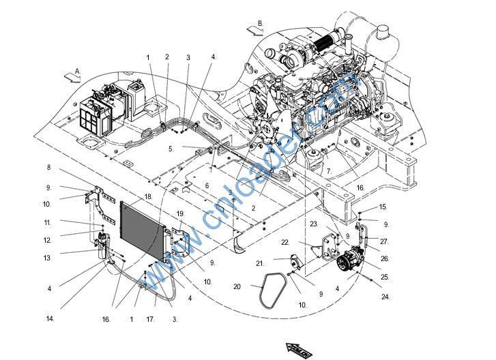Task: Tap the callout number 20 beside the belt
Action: pyautogui.click(x=237, y=287)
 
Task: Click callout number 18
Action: pyautogui.click(x=147, y=196)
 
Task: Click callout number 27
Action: pyautogui.click(x=384, y=241)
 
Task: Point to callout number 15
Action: pyautogui.click(x=383, y=207)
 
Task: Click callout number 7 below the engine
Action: pyautogui.click(x=328, y=170)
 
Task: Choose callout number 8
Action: pyautogui.click(x=49, y=167)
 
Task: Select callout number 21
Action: pyautogui.click(x=260, y=263)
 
